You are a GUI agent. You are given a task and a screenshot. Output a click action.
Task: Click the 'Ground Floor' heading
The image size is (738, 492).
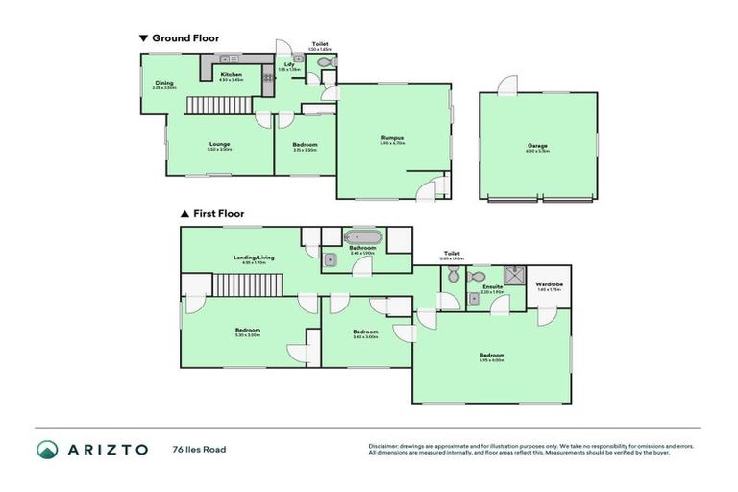point(184,38)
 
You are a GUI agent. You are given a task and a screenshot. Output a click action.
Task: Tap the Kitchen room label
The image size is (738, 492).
point(232,75)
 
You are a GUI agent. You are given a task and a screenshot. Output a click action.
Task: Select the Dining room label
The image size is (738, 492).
point(163,83)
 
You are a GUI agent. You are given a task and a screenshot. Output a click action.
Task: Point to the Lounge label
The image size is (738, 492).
point(219,145)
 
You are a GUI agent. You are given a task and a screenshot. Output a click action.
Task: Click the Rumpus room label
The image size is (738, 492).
point(392,138)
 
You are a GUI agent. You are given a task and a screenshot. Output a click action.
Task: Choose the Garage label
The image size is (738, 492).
point(536,146)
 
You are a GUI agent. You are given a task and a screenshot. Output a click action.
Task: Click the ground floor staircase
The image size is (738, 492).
point(211,105)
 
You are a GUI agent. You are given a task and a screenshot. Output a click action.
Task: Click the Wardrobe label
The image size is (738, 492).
point(549,284)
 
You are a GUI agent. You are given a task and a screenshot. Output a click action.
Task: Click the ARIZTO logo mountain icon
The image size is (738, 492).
point(47,449)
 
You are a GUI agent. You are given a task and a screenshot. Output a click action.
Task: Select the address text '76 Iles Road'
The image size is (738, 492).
point(199,449)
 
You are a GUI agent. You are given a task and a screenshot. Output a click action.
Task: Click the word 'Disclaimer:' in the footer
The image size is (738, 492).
point(385,446)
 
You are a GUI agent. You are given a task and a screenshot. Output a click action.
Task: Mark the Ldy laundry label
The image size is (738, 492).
point(289,65)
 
